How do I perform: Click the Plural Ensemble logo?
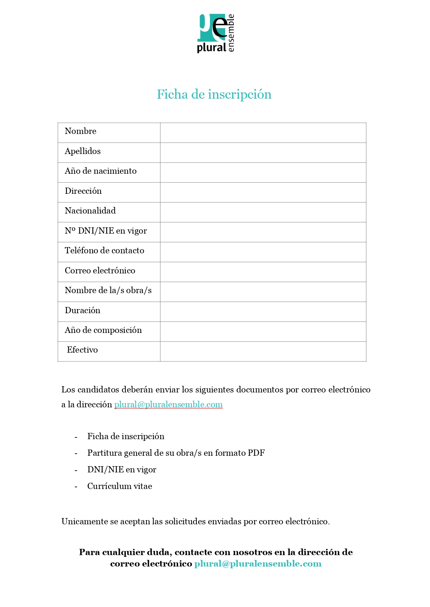216,33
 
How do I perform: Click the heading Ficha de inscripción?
214,94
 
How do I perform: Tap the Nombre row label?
80,131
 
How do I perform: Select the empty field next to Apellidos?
263,153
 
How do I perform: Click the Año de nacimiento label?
100,171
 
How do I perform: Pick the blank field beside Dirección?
263,192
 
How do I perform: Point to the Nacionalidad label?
90,211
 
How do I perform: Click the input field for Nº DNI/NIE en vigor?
263,232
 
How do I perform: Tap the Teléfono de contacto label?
104,251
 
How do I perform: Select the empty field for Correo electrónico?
263,272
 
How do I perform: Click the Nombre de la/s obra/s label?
108,290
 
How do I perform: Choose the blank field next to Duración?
263,312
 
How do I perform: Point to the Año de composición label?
103,330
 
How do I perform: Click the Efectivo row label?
82,350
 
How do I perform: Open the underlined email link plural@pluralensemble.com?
168,405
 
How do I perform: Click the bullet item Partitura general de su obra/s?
176,453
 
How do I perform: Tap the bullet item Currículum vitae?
120,486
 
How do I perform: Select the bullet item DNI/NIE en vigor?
122,470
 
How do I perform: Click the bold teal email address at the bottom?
258,564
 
